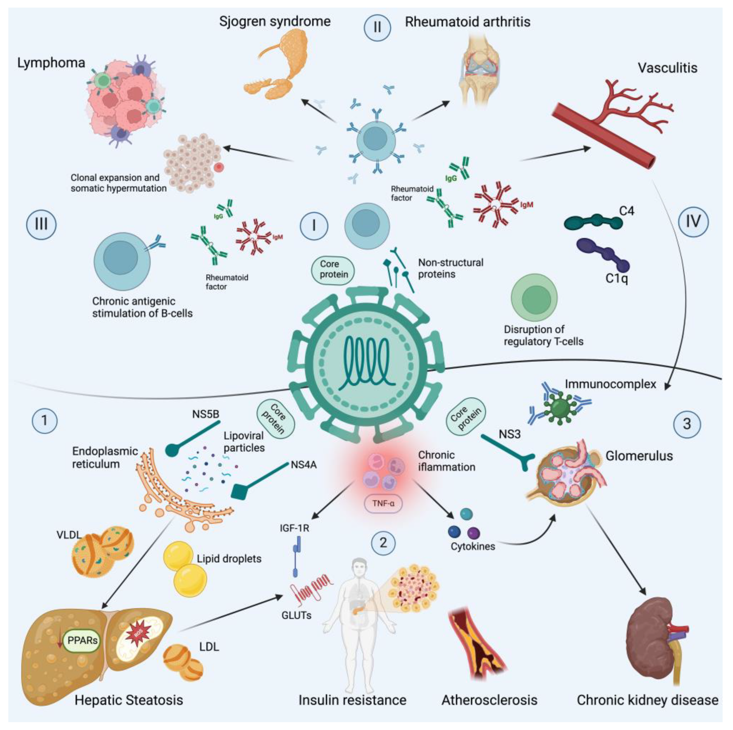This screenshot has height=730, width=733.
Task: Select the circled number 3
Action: coord(687,424)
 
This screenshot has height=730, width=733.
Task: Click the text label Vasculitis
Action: coord(667,68)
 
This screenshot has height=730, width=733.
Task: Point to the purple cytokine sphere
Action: coord(474,533)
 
